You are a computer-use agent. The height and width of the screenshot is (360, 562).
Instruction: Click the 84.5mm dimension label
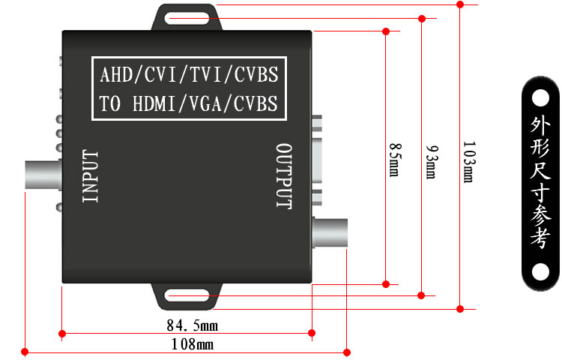click(193, 325)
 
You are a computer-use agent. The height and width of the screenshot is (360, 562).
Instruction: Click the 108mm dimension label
click(193, 344)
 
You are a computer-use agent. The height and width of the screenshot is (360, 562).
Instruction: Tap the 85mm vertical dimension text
click(395, 160)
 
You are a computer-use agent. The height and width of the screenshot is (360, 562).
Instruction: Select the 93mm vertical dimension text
click(431, 162)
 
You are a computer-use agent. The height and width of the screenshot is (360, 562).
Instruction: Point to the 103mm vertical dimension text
click(469, 161)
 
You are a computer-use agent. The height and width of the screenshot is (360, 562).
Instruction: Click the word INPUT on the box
click(90, 176)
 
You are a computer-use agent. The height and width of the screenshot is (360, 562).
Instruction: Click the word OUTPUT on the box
click(284, 176)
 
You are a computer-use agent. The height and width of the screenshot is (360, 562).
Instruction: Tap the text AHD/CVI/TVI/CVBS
click(189, 74)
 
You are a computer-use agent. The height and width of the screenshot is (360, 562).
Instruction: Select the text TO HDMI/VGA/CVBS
click(188, 103)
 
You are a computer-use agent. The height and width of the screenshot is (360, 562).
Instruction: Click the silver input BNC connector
click(43, 175)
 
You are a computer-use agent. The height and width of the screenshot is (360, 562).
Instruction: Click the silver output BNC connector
click(330, 232)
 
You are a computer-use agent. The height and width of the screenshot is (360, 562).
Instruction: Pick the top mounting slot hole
click(187, 19)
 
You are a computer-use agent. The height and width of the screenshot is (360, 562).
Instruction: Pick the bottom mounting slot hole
click(187, 295)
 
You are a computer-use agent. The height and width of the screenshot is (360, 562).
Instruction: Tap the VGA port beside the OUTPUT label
click(317, 160)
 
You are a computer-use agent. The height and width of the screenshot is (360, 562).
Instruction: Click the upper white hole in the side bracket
click(540, 98)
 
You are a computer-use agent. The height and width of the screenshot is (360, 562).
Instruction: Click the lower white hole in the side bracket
click(540, 271)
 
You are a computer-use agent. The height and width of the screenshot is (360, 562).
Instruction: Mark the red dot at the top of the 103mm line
click(460, 4)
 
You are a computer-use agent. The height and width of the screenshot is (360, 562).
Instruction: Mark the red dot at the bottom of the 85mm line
click(386, 284)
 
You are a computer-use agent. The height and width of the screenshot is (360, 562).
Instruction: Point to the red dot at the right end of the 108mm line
click(347, 352)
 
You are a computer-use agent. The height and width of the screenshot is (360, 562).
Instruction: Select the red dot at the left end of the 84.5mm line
click(62, 334)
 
